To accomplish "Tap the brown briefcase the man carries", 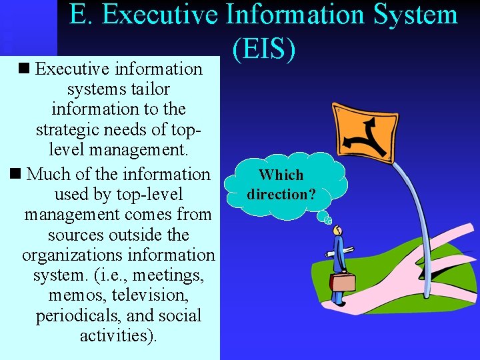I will coord(343,281).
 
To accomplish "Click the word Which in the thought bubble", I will coord(281,175).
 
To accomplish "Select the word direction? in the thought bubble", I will coord(281,194).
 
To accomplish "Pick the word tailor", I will coord(151,89).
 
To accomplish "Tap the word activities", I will coord(118,335).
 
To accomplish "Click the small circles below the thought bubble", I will coord(327,220).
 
